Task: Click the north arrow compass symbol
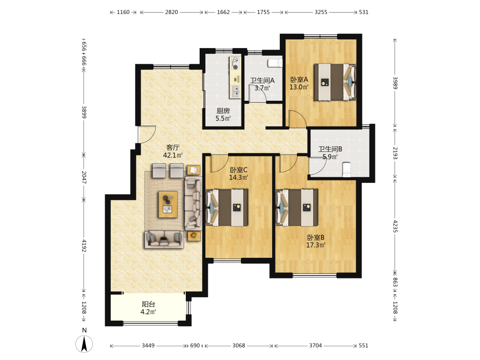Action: [84, 344]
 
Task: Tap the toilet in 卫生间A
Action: [275, 63]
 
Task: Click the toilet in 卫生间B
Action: [346, 169]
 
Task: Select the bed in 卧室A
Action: [335, 82]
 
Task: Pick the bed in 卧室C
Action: [227, 207]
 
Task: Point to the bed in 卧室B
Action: [297, 207]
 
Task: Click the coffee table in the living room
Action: [168, 204]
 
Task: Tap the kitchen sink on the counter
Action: [235, 92]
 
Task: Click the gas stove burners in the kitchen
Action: [235, 63]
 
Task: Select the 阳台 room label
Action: [148, 304]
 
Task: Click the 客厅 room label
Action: [173, 147]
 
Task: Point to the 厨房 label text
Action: [223, 111]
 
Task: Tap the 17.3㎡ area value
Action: [316, 245]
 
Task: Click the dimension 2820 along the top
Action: [171, 12]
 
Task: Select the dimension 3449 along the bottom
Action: [148, 346]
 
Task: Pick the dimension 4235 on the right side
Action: [395, 226]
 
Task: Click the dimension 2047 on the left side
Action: [84, 177]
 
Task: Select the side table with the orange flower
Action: [194, 236]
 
